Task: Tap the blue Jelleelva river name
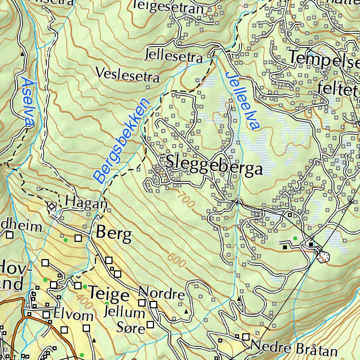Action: pyautogui.click(x=242, y=101)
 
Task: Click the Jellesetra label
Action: pyautogui.click(x=173, y=56)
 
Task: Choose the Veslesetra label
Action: pyautogui.click(x=128, y=75)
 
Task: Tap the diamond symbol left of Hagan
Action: pyautogui.click(x=52, y=206)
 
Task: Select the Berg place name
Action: pyautogui.click(x=114, y=233)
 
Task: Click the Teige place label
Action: pyautogui.click(x=109, y=294)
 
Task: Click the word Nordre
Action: pyautogui.click(x=162, y=293)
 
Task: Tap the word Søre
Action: pyautogui.click(x=130, y=328)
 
